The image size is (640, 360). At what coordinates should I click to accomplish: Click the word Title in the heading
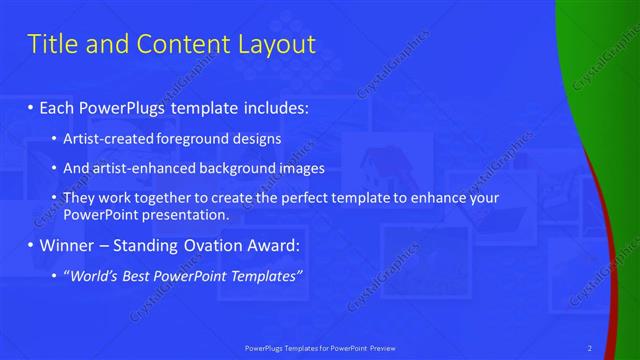coord(52,44)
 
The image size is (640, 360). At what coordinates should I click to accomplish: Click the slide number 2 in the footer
coord(590,347)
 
